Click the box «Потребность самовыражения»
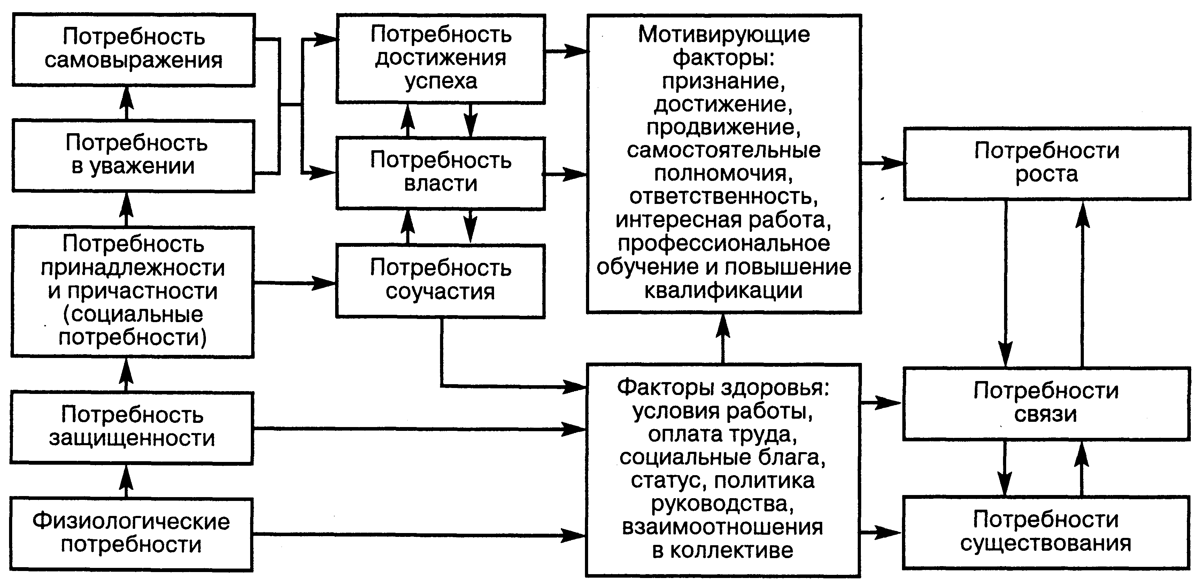click(x=133, y=49)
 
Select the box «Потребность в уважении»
click(x=133, y=155)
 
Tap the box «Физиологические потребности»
click(x=131, y=534)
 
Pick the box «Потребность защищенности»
click(x=132, y=427)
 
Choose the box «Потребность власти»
click(x=440, y=173)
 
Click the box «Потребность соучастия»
click(x=440, y=280)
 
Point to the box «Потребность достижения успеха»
click(x=440, y=58)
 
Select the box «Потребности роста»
click(x=1047, y=163)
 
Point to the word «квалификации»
click(x=723, y=290)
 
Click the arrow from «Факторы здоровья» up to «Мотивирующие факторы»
click(x=723, y=338)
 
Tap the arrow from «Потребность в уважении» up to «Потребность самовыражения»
click(x=126, y=103)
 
